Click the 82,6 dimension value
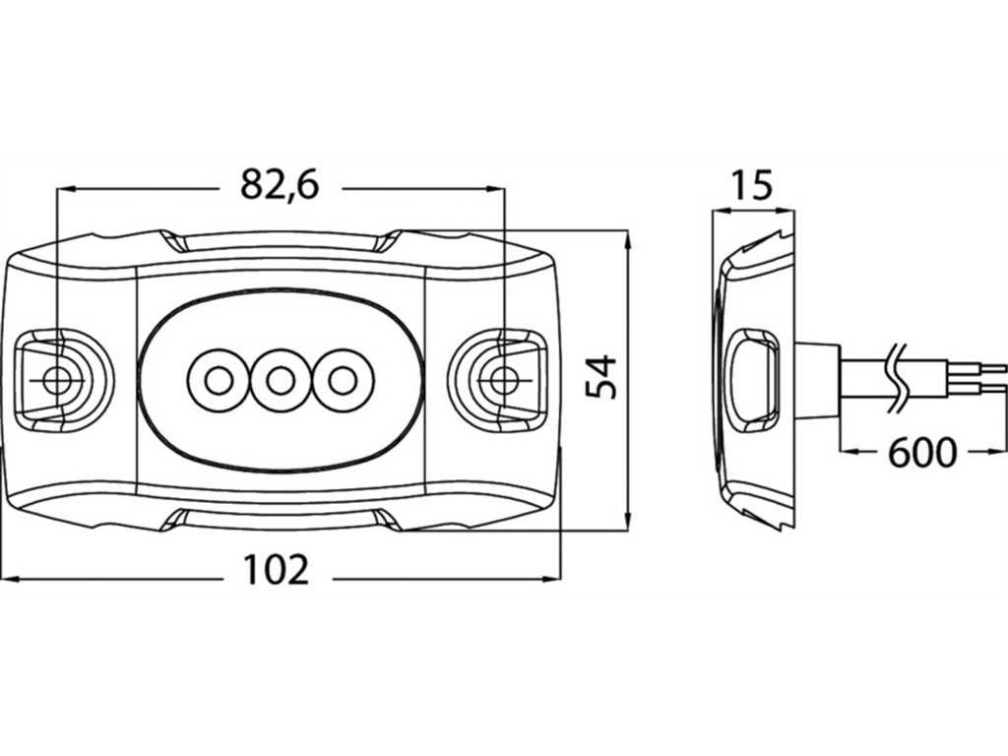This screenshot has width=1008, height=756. click(280, 185)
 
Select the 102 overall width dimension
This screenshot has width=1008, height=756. click(277, 570)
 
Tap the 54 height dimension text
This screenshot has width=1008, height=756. click(601, 377)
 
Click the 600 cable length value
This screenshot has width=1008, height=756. click(922, 453)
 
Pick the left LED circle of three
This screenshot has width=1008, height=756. click(219, 381)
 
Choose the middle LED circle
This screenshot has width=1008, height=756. click(281, 381)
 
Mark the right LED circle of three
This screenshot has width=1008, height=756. click(343, 381)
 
